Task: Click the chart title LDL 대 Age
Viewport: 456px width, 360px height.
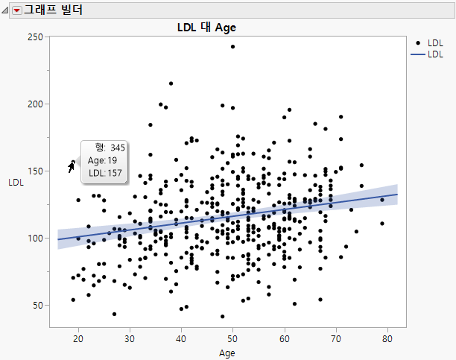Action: click(x=206, y=28)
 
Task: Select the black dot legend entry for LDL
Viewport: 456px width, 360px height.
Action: click(x=419, y=44)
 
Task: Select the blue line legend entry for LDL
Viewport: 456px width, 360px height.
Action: click(x=419, y=55)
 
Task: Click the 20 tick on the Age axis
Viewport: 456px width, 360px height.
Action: click(x=77, y=338)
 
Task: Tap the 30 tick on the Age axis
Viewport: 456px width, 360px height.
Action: click(x=129, y=338)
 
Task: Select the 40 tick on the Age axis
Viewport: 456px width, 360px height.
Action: click(x=181, y=338)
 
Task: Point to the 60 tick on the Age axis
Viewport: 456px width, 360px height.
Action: click(x=285, y=338)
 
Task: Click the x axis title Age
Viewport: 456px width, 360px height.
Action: click(x=232, y=353)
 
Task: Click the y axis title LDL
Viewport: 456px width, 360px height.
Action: click(x=15, y=182)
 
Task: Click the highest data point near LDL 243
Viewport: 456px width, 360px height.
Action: click(x=232, y=46)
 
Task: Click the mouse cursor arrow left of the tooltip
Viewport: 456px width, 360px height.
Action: click(x=72, y=165)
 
